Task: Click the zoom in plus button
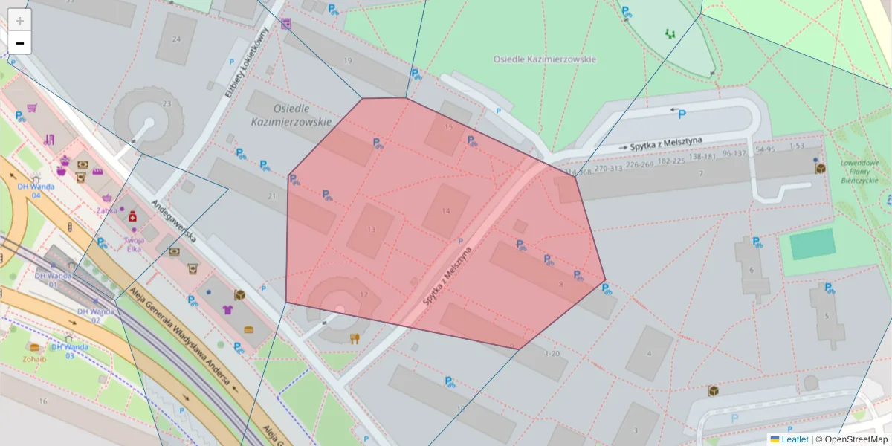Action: coord(20,21)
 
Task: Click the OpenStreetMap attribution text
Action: coord(856,439)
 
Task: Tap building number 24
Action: coord(176,39)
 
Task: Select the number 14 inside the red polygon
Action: coord(446,211)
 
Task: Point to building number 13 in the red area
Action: coord(370,230)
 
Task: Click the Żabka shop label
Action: coord(107,210)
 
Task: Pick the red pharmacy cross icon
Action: coord(132,216)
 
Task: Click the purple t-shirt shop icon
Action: coord(228,309)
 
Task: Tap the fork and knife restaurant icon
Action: coord(355,338)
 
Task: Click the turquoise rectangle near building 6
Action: coord(812,244)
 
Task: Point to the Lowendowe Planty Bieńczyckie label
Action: coord(859,170)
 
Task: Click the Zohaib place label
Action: coord(33,358)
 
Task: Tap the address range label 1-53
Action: coord(796,146)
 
